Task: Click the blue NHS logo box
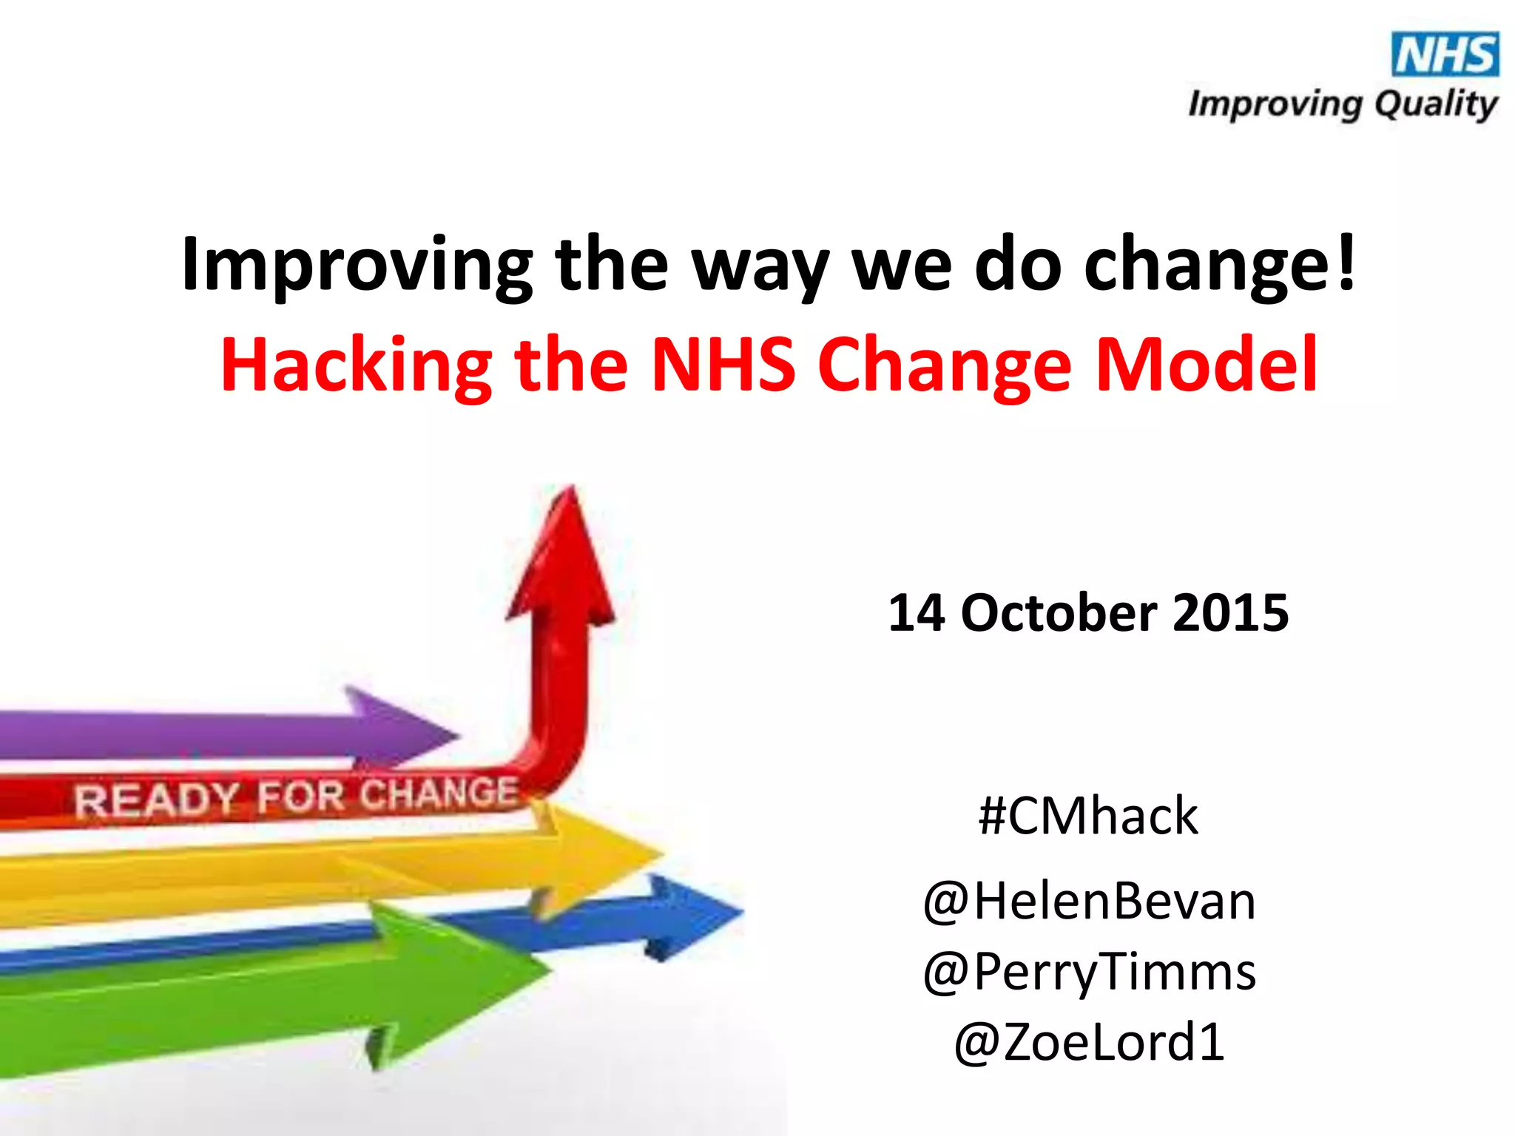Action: coord(1445,54)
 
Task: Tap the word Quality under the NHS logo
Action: coord(1436,104)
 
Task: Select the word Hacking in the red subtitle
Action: coord(356,365)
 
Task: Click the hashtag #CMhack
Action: coord(1087,816)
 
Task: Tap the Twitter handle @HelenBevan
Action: coord(1089,902)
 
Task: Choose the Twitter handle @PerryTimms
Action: coord(1089,971)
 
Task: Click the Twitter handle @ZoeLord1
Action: coord(1089,1041)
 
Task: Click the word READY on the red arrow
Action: coord(155,800)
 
